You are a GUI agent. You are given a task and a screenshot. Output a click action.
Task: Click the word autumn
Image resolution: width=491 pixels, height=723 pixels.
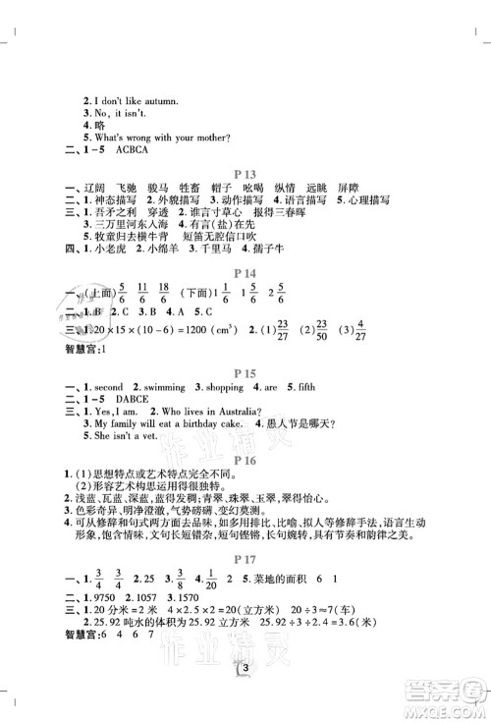[147, 99]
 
